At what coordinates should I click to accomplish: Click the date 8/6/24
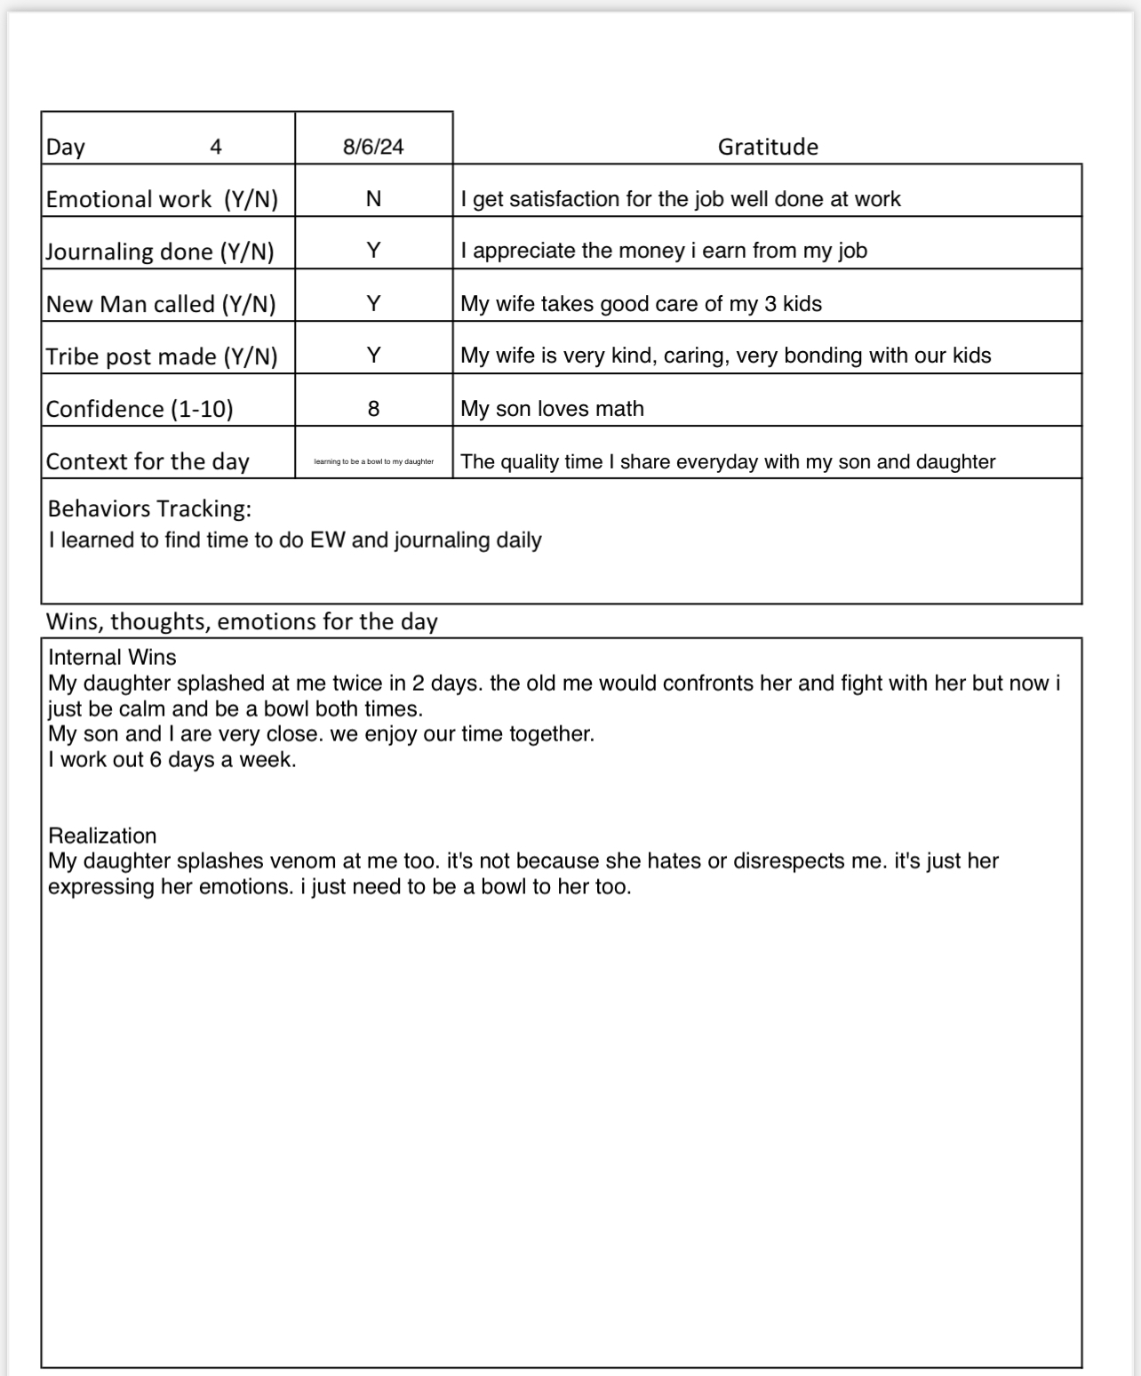tap(373, 147)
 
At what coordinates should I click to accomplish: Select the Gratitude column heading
tap(768, 147)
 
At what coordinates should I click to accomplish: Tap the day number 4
tap(215, 147)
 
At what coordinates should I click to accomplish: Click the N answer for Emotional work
tap(373, 199)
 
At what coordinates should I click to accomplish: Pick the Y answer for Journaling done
tap(373, 251)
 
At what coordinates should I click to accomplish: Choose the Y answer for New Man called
tap(373, 304)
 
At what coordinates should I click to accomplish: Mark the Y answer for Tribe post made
tap(373, 356)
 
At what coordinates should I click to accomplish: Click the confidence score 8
tap(373, 409)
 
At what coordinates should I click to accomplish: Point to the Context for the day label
tap(148, 461)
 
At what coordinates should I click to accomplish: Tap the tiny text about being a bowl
tap(373, 461)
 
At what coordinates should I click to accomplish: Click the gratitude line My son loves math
tap(552, 409)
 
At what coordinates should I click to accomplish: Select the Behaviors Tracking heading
tap(149, 508)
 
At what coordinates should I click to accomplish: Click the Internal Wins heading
tap(112, 657)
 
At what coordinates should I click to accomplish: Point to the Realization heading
tap(102, 836)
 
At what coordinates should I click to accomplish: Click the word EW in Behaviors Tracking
tap(327, 540)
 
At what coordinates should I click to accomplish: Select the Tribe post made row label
tap(161, 356)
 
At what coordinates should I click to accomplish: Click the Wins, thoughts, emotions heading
tap(242, 621)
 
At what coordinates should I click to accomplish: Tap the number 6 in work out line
tap(156, 760)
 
